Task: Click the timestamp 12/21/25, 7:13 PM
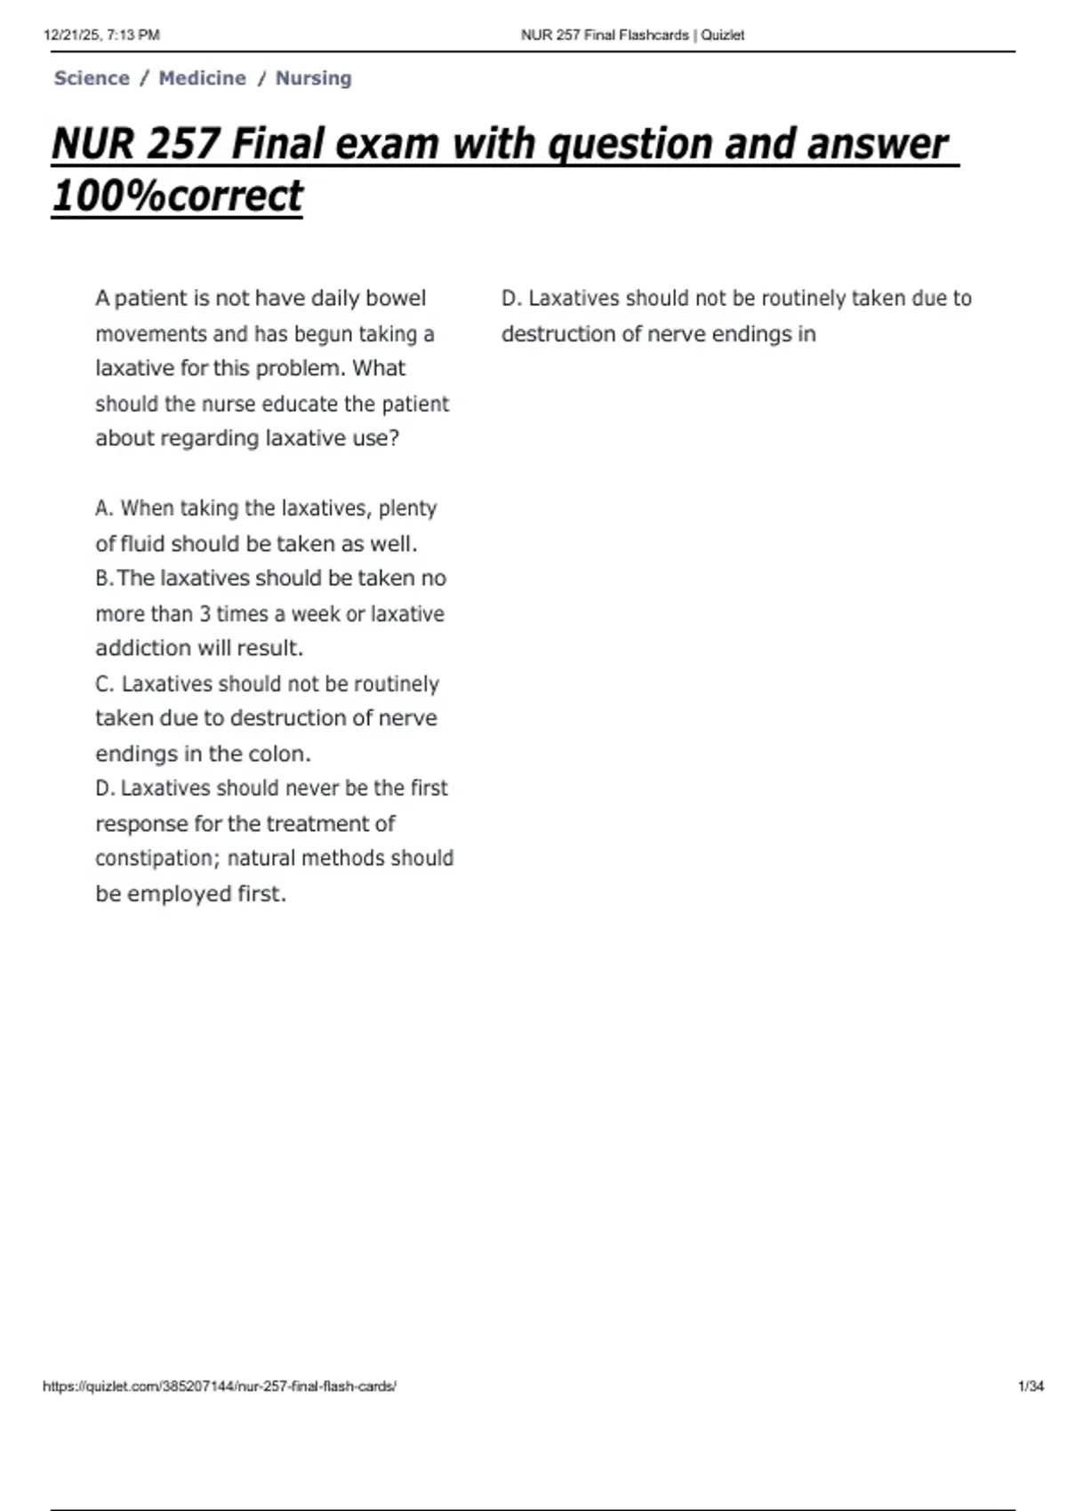tap(101, 36)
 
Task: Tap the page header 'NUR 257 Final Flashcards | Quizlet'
tap(632, 36)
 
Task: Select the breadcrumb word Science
tap(92, 78)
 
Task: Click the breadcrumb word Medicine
tap(202, 78)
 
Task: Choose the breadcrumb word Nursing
tap(313, 78)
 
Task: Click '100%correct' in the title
tap(177, 196)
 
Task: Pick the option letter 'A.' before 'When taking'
tap(104, 508)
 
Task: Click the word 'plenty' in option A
tap(407, 508)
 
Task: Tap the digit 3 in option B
tap(205, 614)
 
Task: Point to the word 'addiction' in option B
tap(142, 648)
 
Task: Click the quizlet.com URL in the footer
tap(219, 1386)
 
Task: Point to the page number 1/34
tap(1031, 1386)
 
